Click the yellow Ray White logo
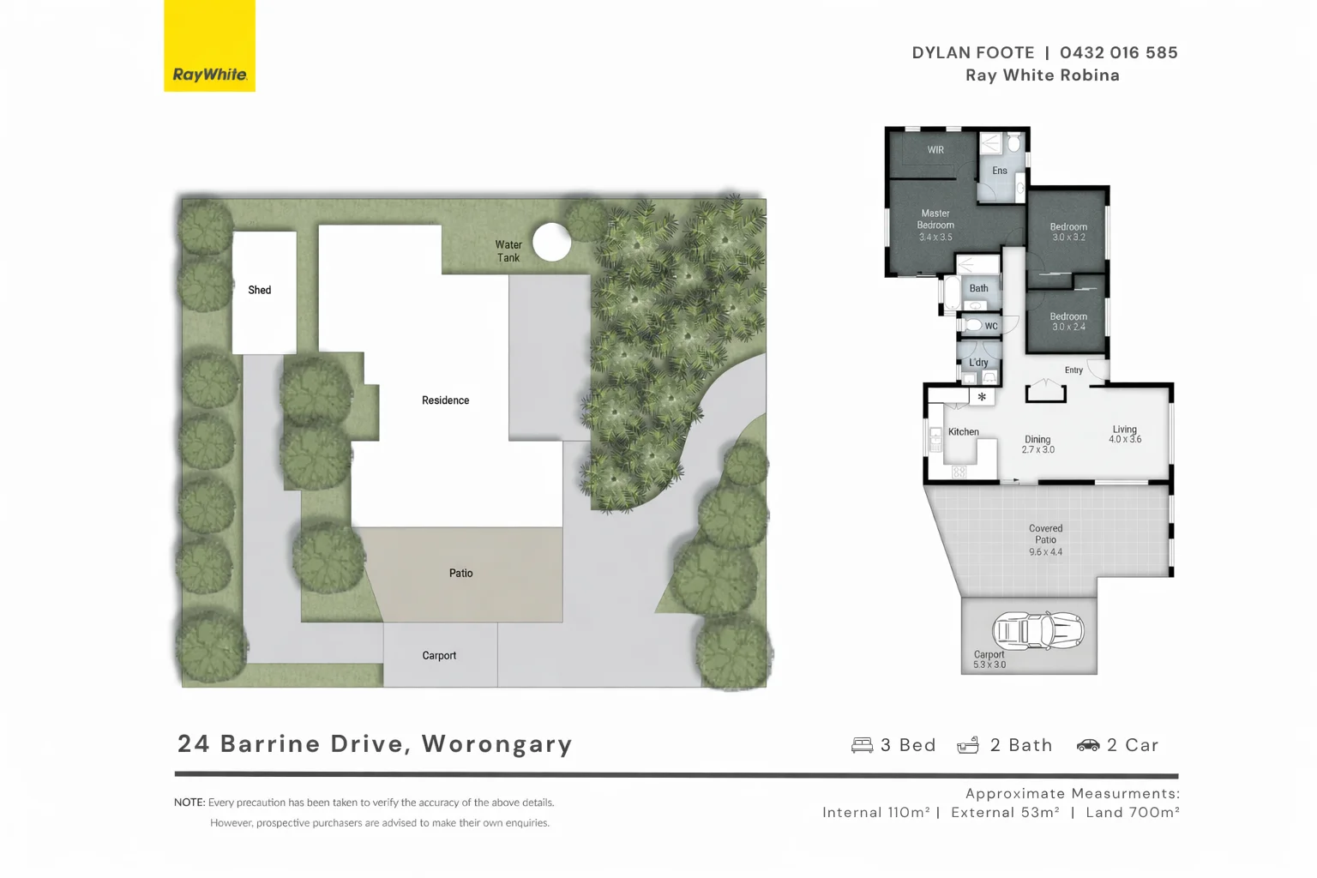tap(209, 46)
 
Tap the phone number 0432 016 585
tap(1118, 53)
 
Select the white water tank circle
tap(551, 242)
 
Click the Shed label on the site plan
tap(259, 291)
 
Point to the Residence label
tap(445, 400)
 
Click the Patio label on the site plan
tap(460, 574)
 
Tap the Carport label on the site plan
tap(439, 656)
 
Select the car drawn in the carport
tap(1037, 631)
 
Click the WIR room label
tap(935, 150)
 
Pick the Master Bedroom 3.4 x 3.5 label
tap(935, 226)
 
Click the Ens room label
tap(1000, 171)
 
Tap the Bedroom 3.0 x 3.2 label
tap(1068, 232)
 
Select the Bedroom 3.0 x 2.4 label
tap(1068, 322)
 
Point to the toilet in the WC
tap(972, 325)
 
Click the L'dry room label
tap(978, 363)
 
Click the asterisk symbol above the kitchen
tap(982, 397)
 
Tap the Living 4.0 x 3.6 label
tap(1124, 435)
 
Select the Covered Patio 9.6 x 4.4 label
tap(1045, 540)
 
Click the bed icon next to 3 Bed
tap(862, 745)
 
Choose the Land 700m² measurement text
tap(1132, 813)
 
